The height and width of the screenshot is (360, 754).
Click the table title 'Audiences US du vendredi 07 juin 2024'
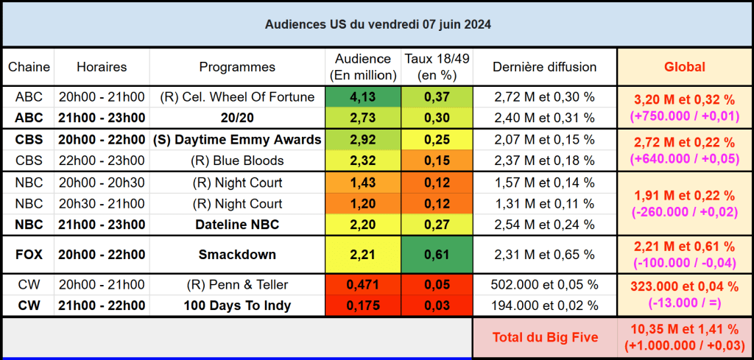pyautogui.click(x=378, y=24)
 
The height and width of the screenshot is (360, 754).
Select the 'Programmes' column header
pyautogui.click(x=237, y=67)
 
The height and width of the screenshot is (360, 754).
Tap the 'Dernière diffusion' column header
pyautogui.click(x=544, y=67)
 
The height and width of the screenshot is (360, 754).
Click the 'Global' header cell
pyautogui.click(x=685, y=67)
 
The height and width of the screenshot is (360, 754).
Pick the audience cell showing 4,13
pyautogui.click(x=362, y=96)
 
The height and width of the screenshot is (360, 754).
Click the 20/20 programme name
pyautogui.click(x=237, y=118)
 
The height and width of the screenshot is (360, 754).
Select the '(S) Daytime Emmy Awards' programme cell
pyautogui.click(x=237, y=139)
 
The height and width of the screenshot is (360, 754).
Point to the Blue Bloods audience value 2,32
pyautogui.click(x=362, y=160)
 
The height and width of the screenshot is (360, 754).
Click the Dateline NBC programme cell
pyautogui.click(x=237, y=225)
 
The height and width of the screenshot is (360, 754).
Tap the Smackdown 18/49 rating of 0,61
pyautogui.click(x=437, y=255)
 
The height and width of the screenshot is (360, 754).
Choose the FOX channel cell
pyautogui.click(x=29, y=255)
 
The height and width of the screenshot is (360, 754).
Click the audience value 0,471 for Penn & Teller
pyautogui.click(x=362, y=284)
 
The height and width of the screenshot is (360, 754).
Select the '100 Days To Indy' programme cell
pyautogui.click(x=237, y=305)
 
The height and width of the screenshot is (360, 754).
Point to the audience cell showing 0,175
pyautogui.click(x=362, y=305)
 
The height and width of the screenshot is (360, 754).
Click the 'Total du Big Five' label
pyautogui.click(x=544, y=338)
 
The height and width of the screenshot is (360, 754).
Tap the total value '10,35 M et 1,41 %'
pyautogui.click(x=685, y=331)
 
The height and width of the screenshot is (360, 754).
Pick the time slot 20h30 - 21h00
pyautogui.click(x=102, y=203)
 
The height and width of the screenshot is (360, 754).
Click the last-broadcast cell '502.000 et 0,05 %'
pyautogui.click(x=544, y=284)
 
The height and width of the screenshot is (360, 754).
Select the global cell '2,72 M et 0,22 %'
pyautogui.click(x=685, y=142)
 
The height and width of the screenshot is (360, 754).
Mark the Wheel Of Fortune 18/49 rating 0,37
pyautogui.click(x=437, y=96)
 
